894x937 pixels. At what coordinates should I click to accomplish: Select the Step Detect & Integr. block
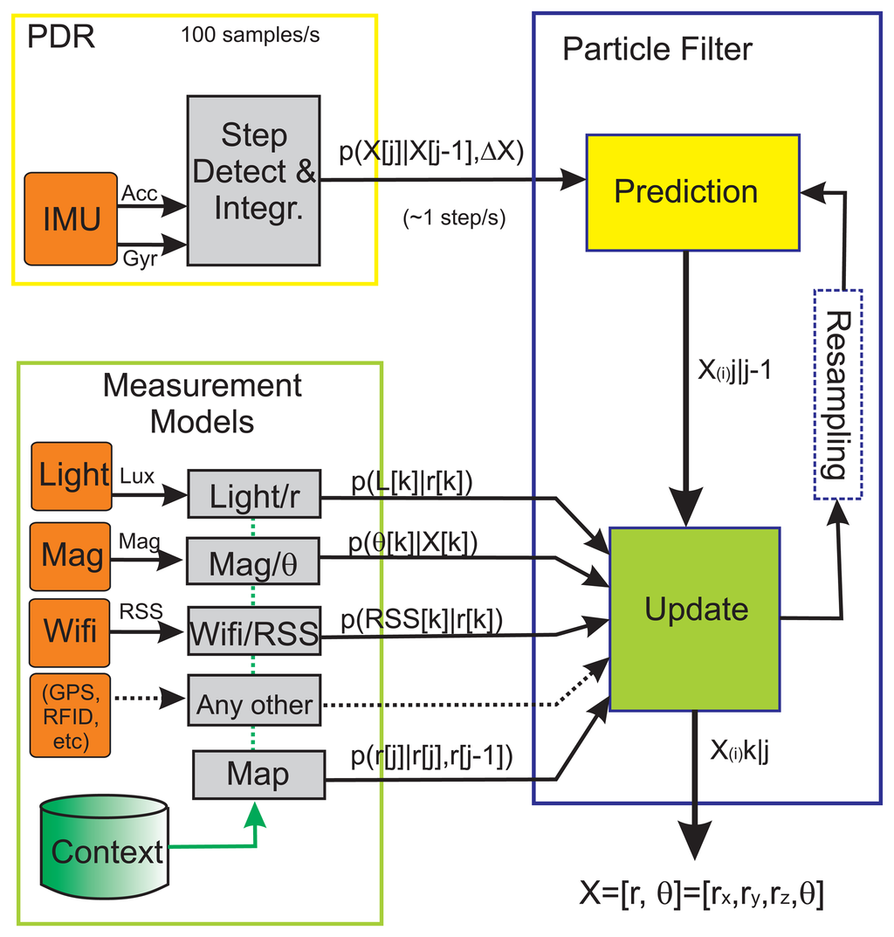coord(253,180)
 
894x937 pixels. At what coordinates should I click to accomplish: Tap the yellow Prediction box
coord(685,192)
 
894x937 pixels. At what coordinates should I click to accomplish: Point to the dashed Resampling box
coord(837,393)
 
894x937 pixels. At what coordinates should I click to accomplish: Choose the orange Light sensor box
coord(72,476)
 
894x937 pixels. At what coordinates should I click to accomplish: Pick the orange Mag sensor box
coord(72,556)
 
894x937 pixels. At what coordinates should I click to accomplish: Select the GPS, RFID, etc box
coord(72,714)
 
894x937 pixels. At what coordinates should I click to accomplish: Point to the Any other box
coord(254,704)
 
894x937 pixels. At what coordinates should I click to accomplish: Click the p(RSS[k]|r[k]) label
coord(422,619)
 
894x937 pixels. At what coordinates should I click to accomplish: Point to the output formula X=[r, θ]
coord(701,893)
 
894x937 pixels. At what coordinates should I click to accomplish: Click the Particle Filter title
coord(657,49)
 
